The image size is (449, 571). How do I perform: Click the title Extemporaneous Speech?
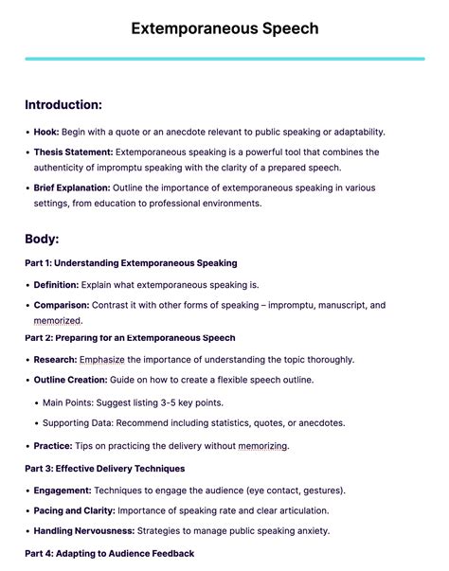(x=224, y=28)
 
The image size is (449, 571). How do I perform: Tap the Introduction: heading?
(x=63, y=104)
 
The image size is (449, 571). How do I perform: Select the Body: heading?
(x=42, y=239)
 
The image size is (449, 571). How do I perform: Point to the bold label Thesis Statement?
(x=74, y=152)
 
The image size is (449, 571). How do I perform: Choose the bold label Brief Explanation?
(x=72, y=187)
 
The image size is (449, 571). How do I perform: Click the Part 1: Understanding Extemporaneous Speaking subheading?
(x=131, y=262)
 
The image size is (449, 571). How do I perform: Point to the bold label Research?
(x=55, y=359)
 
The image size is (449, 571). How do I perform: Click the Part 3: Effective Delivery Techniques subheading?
(x=104, y=468)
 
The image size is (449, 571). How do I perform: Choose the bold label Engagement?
(x=63, y=490)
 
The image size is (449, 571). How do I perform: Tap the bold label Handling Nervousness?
(x=84, y=530)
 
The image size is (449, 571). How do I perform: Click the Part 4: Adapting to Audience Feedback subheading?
(x=109, y=553)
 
